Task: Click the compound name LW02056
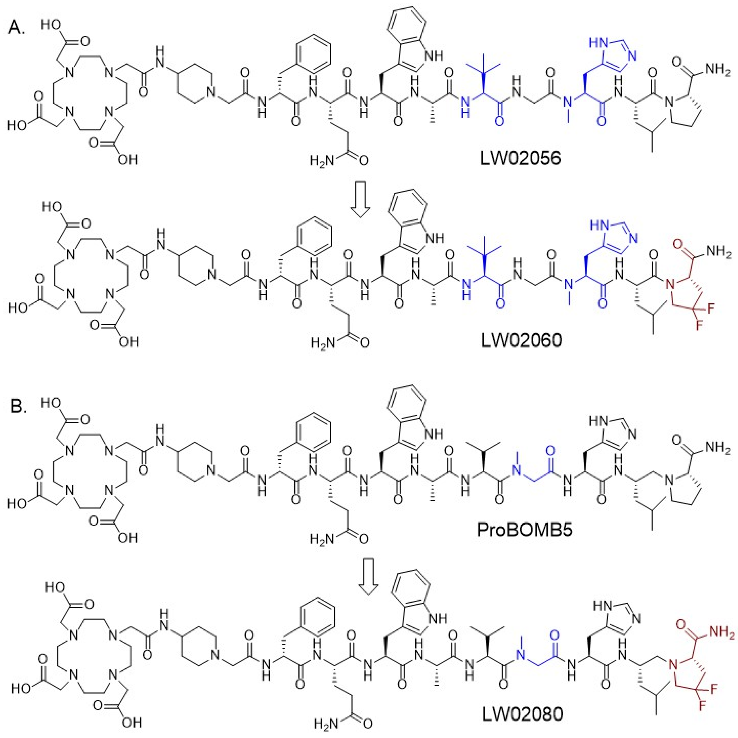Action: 521,158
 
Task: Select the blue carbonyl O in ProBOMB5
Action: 550,450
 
